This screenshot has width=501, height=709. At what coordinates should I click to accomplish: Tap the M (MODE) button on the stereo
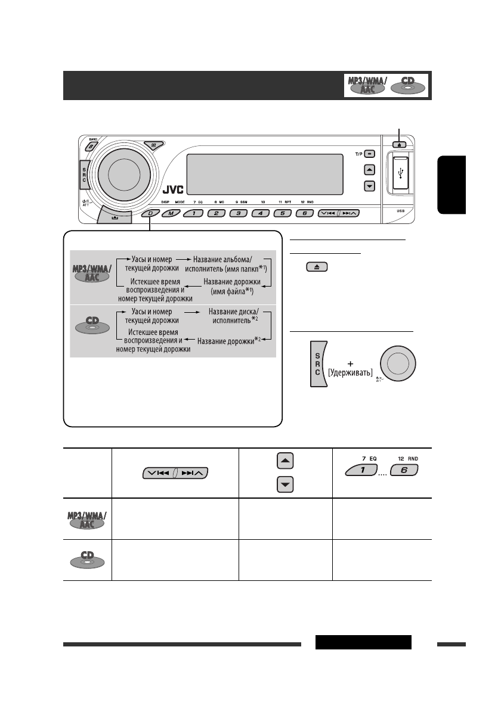click(x=171, y=213)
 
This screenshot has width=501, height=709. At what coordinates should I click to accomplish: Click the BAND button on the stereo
click(x=90, y=146)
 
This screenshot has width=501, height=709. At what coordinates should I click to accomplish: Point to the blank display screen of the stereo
click(x=265, y=173)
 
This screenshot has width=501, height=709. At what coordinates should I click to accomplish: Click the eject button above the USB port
click(x=399, y=144)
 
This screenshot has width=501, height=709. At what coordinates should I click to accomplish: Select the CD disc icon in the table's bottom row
click(x=88, y=560)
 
